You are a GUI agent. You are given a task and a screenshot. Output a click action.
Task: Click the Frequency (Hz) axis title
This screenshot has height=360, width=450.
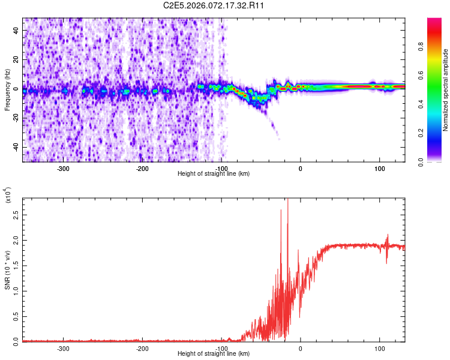coord(7,90)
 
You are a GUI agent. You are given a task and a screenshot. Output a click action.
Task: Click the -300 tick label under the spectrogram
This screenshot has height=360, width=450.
coord(64,169)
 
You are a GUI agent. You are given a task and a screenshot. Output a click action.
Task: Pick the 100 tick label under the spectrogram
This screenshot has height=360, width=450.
coord(379,169)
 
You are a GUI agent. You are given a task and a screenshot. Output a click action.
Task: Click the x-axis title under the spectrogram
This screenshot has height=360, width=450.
coord(214,174)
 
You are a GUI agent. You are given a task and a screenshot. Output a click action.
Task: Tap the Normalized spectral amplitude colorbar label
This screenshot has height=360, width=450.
coord(446,90)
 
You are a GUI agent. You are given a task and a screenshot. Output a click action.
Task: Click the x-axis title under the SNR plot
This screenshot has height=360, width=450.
coord(214,354)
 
